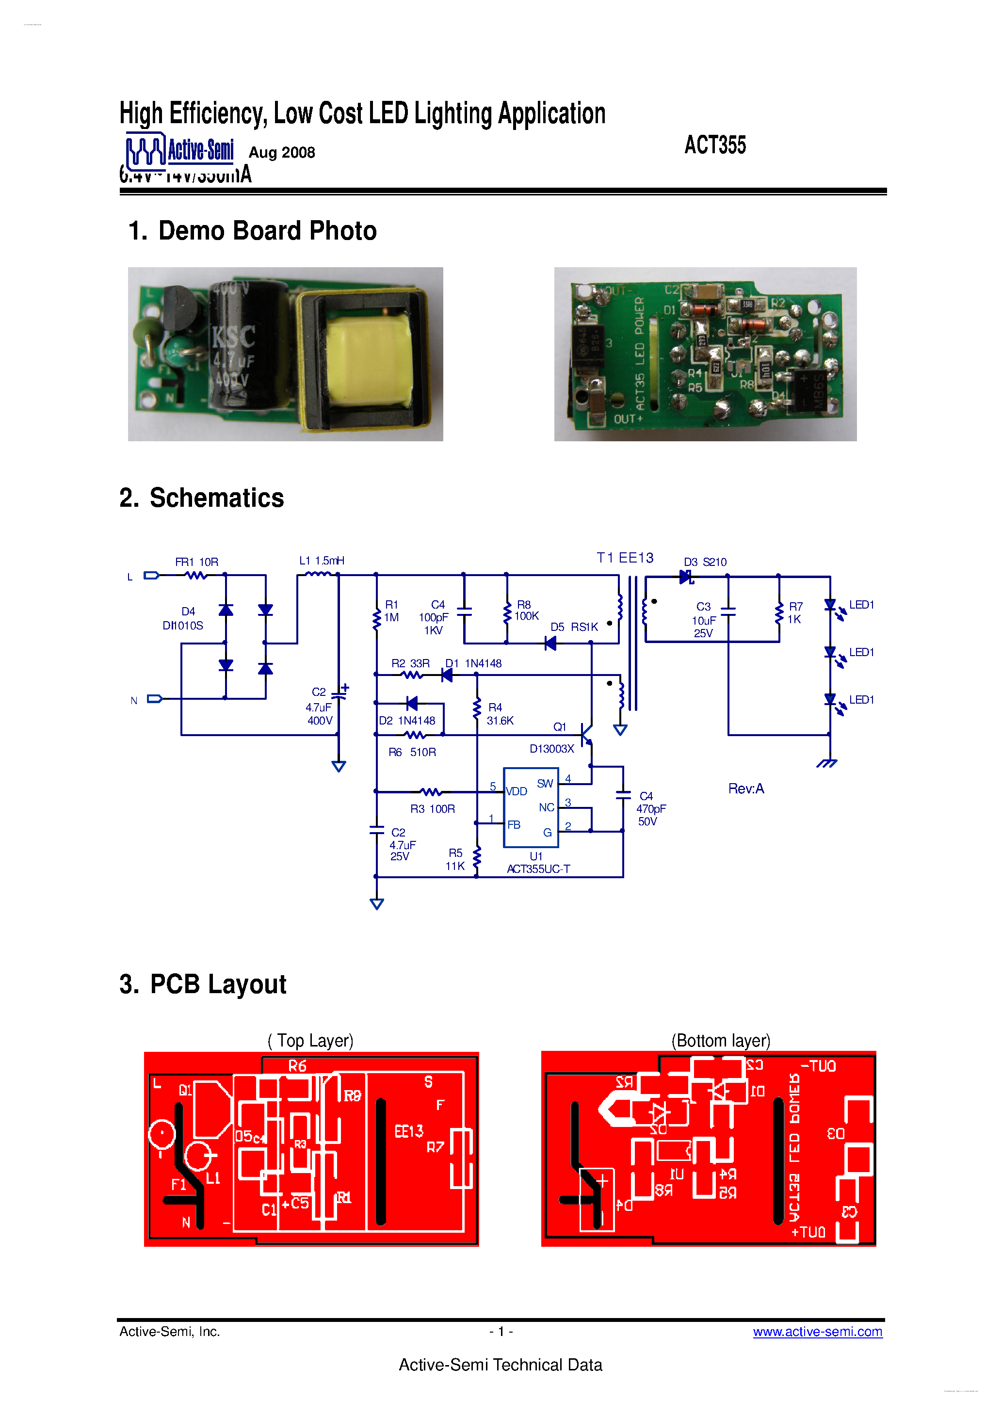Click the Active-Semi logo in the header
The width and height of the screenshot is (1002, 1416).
179,150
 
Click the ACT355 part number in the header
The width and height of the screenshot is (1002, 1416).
714,145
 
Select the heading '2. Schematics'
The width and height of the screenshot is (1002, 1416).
201,498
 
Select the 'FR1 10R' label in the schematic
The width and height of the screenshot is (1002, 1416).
196,562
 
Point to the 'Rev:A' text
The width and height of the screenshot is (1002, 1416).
745,788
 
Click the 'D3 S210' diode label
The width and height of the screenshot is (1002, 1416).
705,562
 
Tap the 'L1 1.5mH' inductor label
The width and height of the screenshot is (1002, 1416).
322,561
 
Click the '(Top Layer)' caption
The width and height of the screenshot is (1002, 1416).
310,1040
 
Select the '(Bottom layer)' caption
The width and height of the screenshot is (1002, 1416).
720,1040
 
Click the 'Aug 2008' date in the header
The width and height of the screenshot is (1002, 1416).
281,152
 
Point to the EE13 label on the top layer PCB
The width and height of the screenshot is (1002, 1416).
408,1130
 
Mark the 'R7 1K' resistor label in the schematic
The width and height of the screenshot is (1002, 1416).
795,612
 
